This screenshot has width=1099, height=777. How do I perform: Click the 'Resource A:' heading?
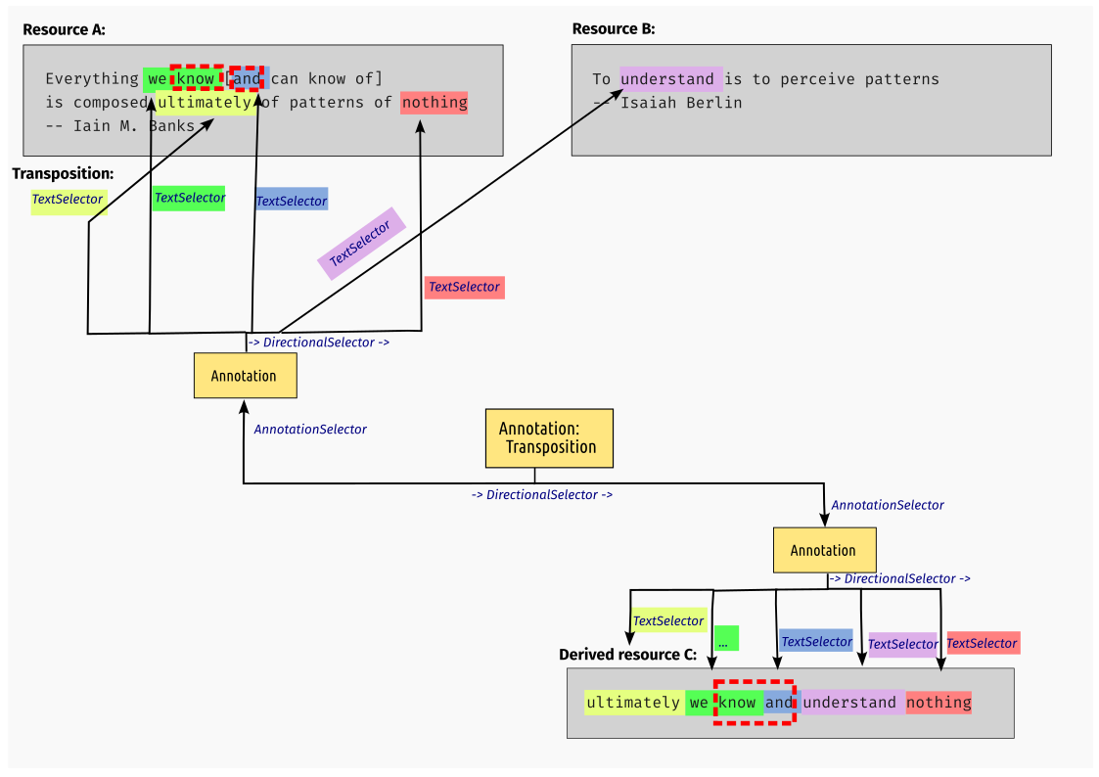64,29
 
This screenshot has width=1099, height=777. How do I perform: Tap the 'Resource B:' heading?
613,29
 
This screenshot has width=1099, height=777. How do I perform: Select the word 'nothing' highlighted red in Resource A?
434,103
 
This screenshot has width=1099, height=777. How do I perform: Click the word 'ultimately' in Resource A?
205,103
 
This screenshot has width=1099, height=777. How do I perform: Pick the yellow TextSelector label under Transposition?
68,200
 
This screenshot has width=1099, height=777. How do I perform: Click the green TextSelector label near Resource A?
190,198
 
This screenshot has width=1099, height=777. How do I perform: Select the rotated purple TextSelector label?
360,244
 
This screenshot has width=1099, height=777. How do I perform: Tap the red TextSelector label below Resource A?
464,288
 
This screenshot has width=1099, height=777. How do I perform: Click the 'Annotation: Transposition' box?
549,438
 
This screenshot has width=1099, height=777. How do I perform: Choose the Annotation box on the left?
245,376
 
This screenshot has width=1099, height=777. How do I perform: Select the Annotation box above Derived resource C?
823,551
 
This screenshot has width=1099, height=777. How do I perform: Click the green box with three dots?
726,639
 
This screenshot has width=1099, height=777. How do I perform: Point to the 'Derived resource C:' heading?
627,655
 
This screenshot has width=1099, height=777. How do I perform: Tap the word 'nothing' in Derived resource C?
938,703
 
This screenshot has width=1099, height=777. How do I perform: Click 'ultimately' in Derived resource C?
633,703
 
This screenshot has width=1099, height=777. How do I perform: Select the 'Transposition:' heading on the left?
63,173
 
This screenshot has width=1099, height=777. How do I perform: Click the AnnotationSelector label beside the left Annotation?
310,430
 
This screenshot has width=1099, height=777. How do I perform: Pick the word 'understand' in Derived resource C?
849,703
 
